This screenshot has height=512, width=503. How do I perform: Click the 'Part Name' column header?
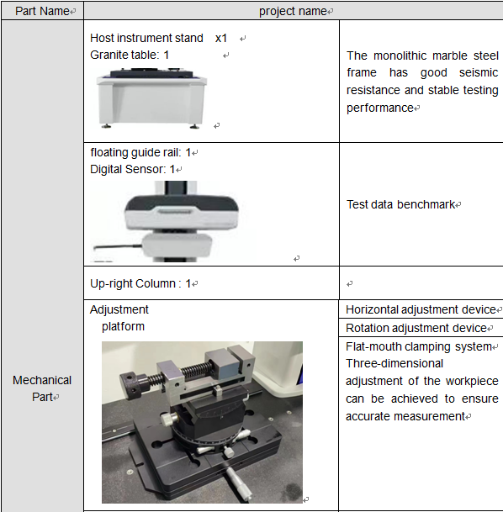click(42, 11)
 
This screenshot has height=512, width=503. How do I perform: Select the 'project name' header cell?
click(293, 12)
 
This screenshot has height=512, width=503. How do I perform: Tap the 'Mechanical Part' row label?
click(42, 388)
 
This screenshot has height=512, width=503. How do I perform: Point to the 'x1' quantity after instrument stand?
click(221, 38)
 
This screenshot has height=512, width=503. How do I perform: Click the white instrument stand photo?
click(151, 98)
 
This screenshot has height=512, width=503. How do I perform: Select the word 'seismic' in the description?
click(479, 72)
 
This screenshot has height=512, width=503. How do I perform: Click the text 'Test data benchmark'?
click(400, 204)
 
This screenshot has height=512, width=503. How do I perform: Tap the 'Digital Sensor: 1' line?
click(133, 169)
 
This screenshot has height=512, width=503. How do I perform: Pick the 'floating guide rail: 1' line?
click(140, 152)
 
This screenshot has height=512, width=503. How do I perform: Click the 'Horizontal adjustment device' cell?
click(421, 309)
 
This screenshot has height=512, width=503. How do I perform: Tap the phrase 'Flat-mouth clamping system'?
click(419, 346)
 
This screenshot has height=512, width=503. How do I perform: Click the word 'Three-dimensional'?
click(394, 363)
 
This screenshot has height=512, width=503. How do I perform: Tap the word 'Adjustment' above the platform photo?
click(119, 309)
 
